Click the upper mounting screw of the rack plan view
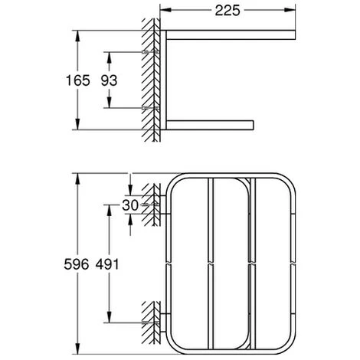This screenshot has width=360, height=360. (152, 205)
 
